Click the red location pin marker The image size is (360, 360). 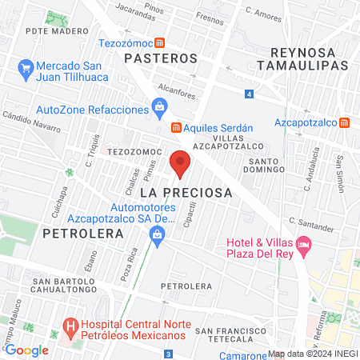pyautogui.click(x=180, y=164)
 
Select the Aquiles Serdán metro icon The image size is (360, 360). pyautogui.click(x=175, y=127)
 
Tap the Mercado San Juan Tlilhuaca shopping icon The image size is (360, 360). pyautogui.click(x=26, y=66)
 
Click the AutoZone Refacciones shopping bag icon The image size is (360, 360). pyautogui.click(x=160, y=105)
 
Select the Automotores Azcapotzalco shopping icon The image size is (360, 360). pyautogui.click(x=157, y=233)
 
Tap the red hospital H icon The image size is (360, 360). pyautogui.click(x=71, y=327)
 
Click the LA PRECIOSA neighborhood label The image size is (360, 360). pyautogui.click(x=186, y=193)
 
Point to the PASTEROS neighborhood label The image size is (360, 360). pyautogui.click(x=160, y=58)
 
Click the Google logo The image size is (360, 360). pyautogui.click(x=26, y=350)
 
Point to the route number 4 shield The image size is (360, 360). pyautogui.click(x=250, y=95)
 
